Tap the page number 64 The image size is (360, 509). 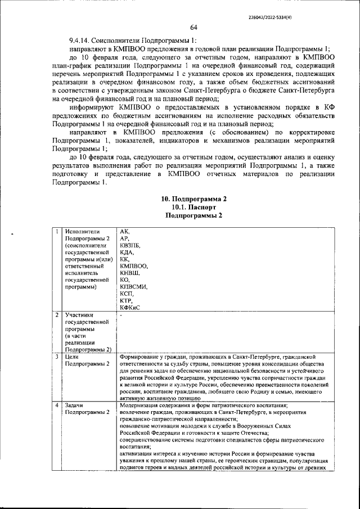[193, 28]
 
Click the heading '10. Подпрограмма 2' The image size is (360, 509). [193, 200]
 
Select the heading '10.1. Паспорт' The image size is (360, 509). [193, 207]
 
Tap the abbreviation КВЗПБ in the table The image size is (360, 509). [130, 246]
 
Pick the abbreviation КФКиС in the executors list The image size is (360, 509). [130, 307]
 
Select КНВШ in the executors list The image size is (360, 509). [130, 272]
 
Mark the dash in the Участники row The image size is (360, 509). [121, 316]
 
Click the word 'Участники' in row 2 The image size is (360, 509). [79, 316]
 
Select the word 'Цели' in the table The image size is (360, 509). [72, 357]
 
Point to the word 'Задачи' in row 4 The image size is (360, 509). [75, 406]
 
